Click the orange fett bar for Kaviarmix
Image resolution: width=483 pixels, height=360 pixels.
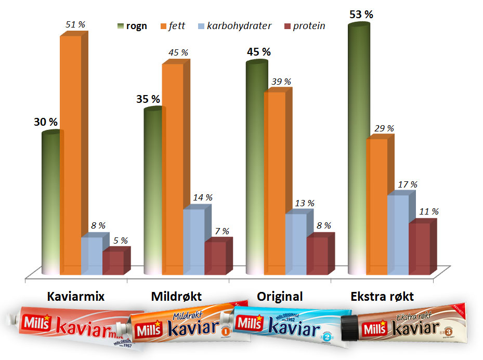coord(71,156)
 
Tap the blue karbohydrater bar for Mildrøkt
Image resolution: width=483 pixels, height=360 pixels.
coord(193,242)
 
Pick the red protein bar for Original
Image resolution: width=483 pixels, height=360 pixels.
coord(317,256)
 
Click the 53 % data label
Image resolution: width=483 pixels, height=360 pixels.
coord(361,15)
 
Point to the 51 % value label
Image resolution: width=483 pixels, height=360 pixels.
coord(75,24)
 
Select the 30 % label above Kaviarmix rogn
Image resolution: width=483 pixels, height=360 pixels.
coord(46,122)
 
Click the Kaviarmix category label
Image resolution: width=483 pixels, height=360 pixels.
coord(76,297)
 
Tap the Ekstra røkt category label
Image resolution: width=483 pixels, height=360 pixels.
coord(382,297)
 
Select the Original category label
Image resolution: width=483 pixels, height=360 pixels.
coord(280,297)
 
